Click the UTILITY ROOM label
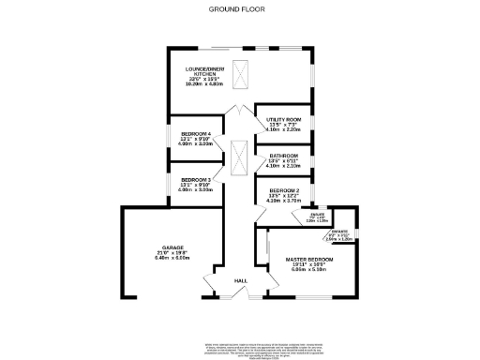point(284,121)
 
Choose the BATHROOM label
point(284,156)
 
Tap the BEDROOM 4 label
point(197,134)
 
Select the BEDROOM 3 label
point(197,179)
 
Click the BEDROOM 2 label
point(284,190)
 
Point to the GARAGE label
point(171,247)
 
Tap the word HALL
point(240,281)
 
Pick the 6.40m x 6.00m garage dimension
point(171,258)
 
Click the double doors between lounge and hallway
point(240,109)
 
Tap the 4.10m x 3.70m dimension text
point(284,202)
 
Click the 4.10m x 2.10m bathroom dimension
point(284,167)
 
